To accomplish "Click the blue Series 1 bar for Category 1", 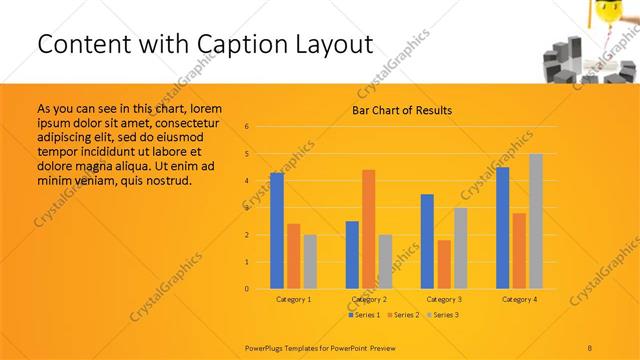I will point(277,231).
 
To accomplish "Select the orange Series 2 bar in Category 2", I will point(369,229).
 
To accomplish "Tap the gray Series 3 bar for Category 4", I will point(536,221).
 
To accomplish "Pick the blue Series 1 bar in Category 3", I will point(427,241).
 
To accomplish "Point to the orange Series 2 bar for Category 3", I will point(444,264).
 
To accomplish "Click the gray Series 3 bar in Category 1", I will point(310,262).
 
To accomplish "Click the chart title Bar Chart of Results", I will point(401,110).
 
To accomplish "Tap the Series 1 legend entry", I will point(364,315).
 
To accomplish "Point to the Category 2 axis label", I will point(369,299).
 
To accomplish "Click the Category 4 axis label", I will point(519,299).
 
